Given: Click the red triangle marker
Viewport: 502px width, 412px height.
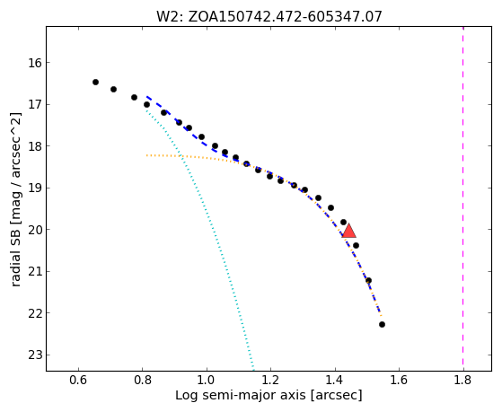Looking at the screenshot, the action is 349,231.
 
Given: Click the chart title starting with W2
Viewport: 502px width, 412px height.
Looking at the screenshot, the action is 269,17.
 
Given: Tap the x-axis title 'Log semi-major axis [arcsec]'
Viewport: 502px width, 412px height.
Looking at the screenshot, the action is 269,396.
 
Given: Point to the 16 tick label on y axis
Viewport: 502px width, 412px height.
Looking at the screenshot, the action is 35,63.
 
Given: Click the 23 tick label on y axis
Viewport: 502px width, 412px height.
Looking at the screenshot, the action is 35,355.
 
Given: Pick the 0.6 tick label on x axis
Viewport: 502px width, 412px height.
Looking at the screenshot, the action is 78,380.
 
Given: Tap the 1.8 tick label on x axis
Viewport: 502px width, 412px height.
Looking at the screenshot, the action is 463,380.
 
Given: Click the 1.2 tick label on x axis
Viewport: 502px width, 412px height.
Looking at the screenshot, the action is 270,380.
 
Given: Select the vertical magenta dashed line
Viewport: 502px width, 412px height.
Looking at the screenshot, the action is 463,198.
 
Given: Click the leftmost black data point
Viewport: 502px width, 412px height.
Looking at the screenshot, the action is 95,83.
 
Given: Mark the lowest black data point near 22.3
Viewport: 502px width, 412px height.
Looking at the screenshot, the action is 382,325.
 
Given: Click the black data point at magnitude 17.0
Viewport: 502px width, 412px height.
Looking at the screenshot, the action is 146,105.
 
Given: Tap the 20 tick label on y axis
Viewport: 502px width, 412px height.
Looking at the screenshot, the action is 35,230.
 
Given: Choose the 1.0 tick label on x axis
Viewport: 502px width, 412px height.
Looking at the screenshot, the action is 207,380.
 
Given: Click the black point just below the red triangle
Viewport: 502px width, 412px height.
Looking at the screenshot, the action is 356,246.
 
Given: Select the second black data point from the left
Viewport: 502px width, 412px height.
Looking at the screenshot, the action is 113,90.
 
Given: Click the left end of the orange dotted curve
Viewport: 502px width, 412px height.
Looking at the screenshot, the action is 146,155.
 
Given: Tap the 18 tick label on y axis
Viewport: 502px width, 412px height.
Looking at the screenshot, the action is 35,146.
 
